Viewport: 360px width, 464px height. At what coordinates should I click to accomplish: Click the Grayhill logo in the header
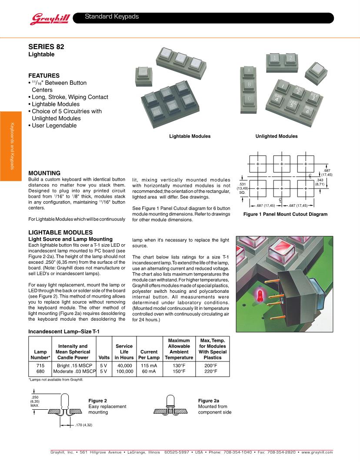[48, 18]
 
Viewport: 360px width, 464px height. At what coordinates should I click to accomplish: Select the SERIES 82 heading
[47, 46]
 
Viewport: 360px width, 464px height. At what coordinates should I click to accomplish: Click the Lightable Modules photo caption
[190, 136]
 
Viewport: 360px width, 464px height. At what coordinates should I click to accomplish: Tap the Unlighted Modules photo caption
[277, 136]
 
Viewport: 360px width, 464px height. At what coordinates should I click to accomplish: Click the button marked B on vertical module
[249, 84]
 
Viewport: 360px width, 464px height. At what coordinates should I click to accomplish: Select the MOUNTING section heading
[44, 173]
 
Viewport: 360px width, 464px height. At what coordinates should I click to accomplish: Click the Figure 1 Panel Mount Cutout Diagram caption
[285, 214]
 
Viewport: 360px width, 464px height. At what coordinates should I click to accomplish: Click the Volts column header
[104, 358]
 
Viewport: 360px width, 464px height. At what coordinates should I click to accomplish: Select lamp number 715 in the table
[39, 365]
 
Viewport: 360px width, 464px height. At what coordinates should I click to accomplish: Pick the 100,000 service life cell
[124, 371]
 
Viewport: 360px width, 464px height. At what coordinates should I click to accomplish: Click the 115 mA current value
[149, 365]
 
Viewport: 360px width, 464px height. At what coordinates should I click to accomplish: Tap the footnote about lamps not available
[55, 380]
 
